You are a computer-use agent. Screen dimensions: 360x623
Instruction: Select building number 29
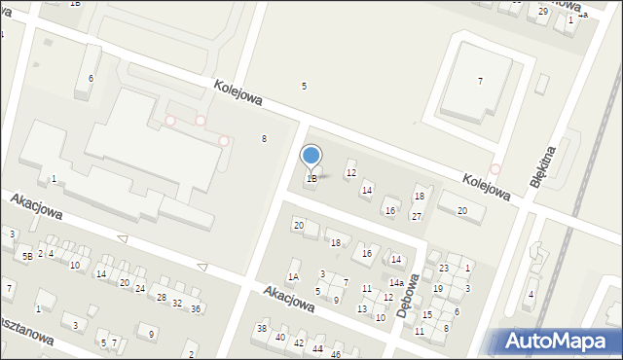pos(543,11)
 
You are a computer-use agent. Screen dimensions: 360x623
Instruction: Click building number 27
pos(416,216)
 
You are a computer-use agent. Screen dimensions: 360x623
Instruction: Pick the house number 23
pos(444,268)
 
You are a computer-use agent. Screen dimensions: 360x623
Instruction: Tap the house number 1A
pos(293,277)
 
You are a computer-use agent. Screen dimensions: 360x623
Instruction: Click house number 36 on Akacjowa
pos(196,308)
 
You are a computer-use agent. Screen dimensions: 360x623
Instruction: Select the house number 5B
pos(27,256)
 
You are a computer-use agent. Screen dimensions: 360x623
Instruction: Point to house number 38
pos(262,328)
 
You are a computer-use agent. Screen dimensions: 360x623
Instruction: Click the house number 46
pos(336,355)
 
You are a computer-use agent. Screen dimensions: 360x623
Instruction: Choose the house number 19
pos(438,288)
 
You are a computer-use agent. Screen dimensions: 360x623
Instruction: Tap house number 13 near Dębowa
pos(362,308)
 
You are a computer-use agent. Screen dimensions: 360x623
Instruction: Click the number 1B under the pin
pos(311,179)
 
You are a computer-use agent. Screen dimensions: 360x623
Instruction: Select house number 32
pos(177,304)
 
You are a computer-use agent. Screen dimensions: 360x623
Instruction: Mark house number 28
pos(162,297)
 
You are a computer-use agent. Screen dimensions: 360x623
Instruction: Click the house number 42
pos(299,342)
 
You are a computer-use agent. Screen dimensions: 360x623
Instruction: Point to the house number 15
pos(426,314)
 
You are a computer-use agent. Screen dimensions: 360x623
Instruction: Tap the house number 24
pos(140,289)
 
